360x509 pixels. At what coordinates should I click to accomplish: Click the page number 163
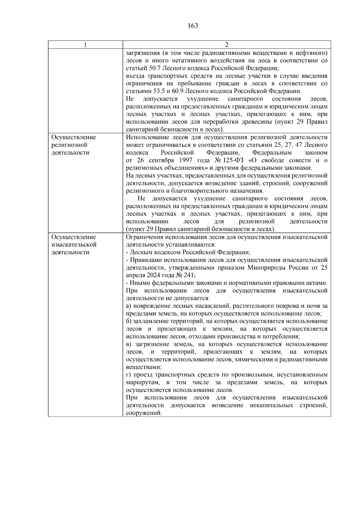193,26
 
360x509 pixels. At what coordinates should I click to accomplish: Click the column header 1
85,45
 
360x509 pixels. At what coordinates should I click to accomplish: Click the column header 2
226,45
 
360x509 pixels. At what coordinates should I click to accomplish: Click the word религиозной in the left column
69,145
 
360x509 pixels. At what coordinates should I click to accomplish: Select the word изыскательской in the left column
74,245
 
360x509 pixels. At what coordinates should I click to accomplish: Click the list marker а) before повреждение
129,306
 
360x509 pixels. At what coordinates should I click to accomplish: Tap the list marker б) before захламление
129,321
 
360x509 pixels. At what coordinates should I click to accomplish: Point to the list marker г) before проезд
128,375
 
